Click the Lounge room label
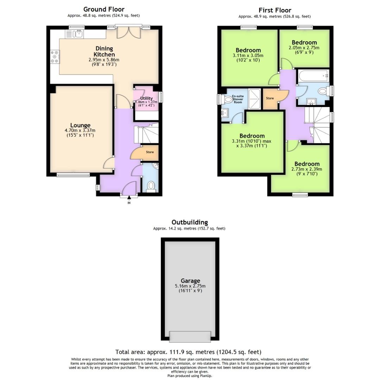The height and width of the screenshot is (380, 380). [80, 125]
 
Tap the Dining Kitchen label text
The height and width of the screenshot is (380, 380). [104, 51]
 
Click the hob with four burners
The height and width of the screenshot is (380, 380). [55, 57]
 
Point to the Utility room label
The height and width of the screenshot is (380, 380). [146, 98]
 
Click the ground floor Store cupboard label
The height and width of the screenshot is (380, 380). [150, 152]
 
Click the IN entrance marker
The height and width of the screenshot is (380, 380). [129, 203]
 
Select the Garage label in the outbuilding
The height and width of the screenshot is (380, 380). [190, 280]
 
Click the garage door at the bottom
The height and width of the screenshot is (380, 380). [190, 336]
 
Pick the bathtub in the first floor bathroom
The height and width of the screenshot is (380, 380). [313, 75]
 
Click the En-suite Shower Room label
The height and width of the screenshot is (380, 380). [238, 99]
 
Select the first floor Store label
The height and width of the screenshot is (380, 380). [270, 98]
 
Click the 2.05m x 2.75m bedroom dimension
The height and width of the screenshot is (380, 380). [304, 47]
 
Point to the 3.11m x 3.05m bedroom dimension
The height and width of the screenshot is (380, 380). [248, 55]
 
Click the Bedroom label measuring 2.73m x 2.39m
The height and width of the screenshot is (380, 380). [307, 164]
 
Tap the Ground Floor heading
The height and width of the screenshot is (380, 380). [104, 9]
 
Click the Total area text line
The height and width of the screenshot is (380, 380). [188, 352]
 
